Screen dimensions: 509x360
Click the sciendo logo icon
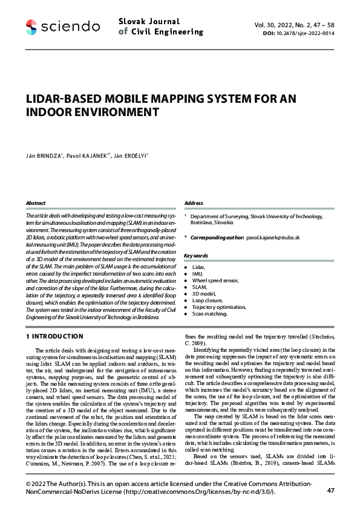coord(32,26)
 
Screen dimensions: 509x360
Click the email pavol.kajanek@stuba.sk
coord(273,238)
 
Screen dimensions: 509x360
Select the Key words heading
coord(196,256)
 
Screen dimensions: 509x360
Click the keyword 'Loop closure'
coord(208,300)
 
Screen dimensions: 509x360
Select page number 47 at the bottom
coord(330,490)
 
